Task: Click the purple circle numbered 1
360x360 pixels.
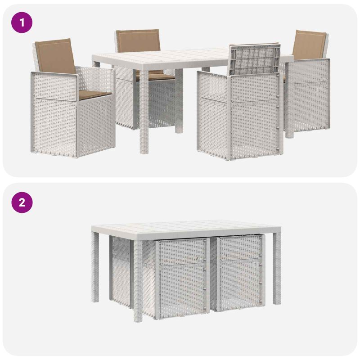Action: (x=22, y=22)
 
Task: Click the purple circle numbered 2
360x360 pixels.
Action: (x=22, y=202)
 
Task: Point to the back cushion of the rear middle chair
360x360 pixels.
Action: (x=138, y=40)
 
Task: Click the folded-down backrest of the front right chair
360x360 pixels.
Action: (x=254, y=59)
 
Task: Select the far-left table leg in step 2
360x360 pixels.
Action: (x=95, y=267)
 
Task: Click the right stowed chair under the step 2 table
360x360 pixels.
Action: (x=238, y=273)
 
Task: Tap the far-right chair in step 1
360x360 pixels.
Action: (x=306, y=84)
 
